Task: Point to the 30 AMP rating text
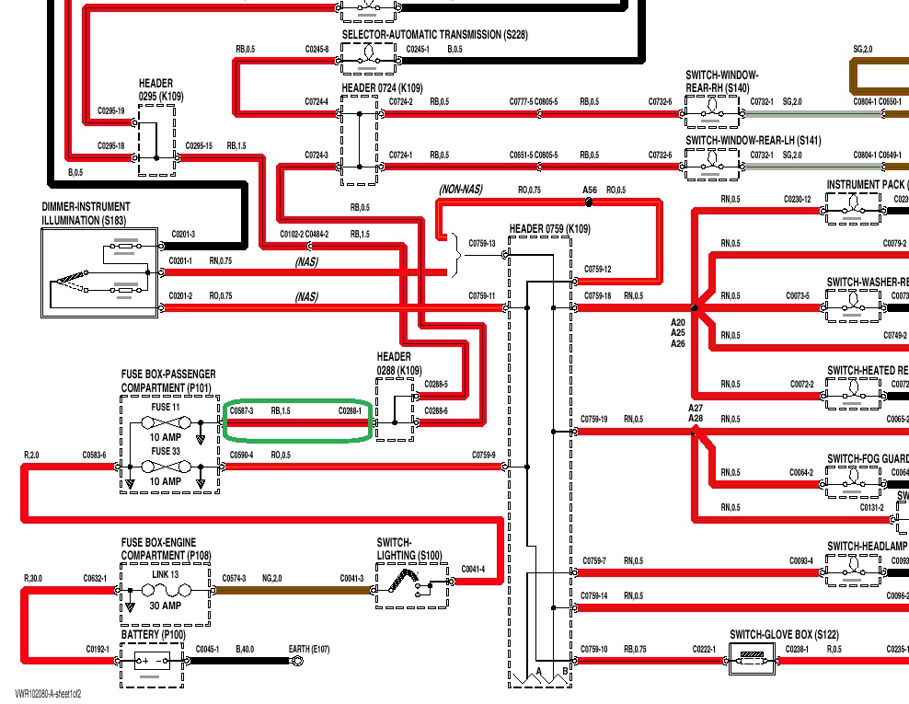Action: [165, 605]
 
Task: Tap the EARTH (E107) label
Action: [309, 650]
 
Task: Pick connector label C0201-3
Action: [183, 235]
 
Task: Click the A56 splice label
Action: [591, 190]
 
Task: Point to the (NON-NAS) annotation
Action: [461, 190]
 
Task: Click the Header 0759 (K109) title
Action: [550, 228]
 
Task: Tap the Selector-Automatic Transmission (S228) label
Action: [434, 35]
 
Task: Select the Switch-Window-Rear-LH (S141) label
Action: [753, 141]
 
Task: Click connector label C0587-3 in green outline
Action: [241, 410]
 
